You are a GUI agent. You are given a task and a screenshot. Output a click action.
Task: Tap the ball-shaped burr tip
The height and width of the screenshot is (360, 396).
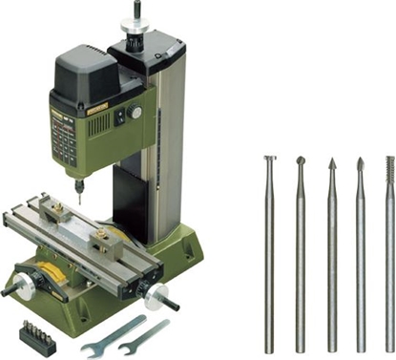(x=301, y=161)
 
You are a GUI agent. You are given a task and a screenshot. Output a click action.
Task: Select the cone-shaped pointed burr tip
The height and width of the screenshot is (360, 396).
(x=331, y=164)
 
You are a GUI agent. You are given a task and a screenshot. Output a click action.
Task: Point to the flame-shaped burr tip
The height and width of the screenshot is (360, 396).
(x=360, y=164)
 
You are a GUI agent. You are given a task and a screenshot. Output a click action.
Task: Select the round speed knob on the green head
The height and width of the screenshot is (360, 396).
(x=135, y=113)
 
